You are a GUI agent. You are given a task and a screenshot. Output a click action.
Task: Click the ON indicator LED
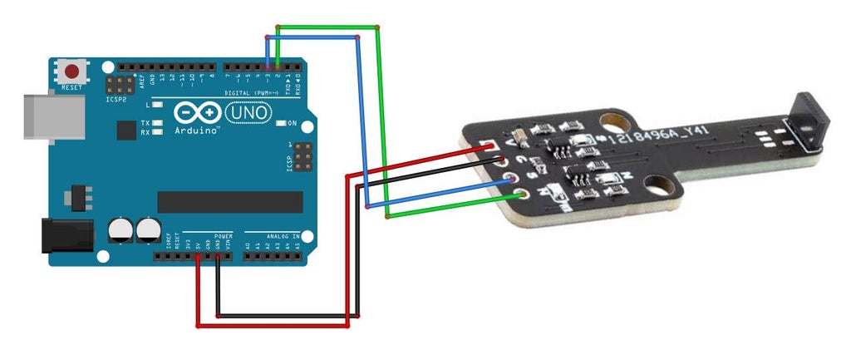(x=278, y=123)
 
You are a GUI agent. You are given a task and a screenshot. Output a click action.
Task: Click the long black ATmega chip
(x=230, y=202)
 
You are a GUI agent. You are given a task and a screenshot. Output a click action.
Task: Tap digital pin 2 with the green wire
(x=277, y=67)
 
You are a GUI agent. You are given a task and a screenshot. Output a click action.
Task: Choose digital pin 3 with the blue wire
(x=268, y=67)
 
